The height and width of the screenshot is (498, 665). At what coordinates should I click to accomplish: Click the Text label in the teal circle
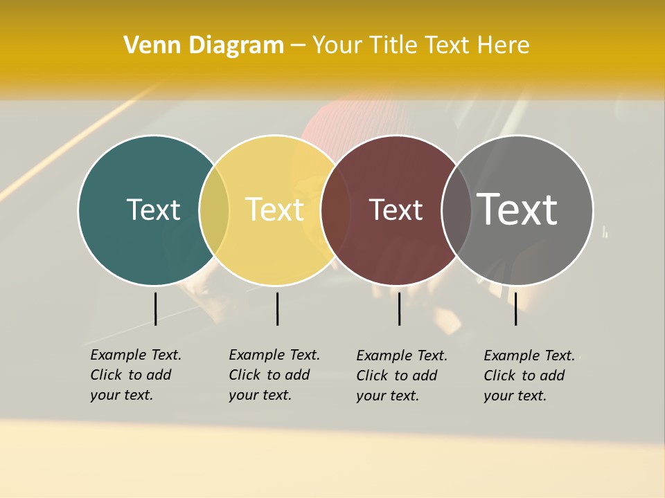click(153, 210)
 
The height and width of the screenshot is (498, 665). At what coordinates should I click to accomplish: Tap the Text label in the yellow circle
click(274, 210)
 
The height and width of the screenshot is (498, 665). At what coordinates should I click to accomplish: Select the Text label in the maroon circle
click(396, 210)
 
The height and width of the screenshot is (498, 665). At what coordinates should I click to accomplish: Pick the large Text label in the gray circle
click(517, 210)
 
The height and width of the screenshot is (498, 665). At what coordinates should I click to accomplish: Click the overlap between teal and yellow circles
click(214, 210)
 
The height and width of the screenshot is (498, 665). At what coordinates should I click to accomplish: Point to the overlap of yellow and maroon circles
click(335, 210)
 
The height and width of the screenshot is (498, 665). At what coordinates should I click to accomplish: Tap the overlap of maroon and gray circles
click(456, 210)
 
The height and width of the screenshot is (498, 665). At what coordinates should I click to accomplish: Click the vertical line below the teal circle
click(155, 308)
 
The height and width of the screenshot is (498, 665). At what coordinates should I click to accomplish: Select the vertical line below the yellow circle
click(277, 308)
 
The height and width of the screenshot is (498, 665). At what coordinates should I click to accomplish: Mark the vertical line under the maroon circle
click(399, 308)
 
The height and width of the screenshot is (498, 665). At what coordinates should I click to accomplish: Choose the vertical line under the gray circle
click(515, 308)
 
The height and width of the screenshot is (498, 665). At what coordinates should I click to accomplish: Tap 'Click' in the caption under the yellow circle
click(245, 375)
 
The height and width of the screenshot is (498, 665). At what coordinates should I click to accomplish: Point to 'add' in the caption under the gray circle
click(552, 376)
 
